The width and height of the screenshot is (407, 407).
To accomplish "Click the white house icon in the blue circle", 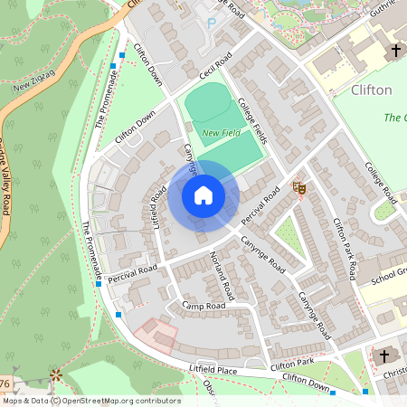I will (203, 194).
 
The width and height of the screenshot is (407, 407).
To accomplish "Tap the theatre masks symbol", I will (298, 187).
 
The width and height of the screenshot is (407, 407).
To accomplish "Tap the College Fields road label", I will (254, 121).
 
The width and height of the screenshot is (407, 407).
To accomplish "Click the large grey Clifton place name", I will (370, 90).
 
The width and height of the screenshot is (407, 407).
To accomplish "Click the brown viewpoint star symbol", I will (56, 374).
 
